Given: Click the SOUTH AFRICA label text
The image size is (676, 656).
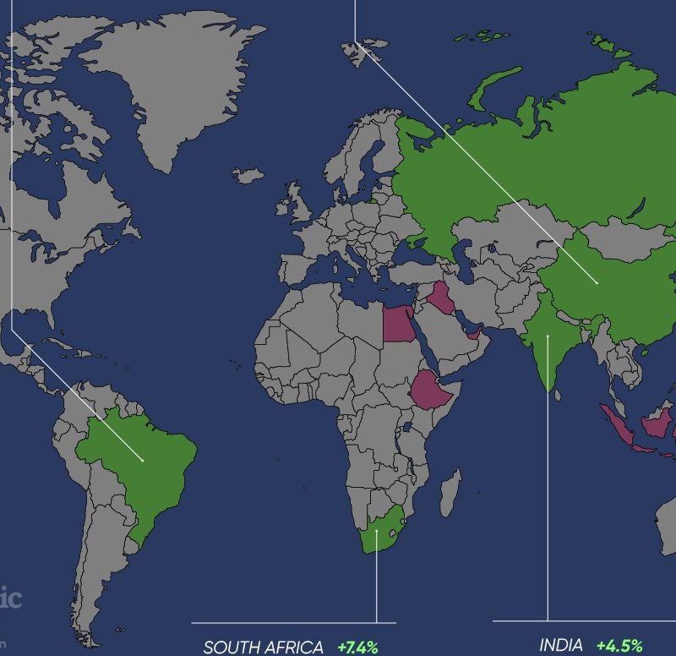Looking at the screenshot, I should (x=263, y=648).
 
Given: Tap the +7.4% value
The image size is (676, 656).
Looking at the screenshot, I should (x=357, y=648).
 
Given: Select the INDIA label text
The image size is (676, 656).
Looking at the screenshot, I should (x=561, y=645).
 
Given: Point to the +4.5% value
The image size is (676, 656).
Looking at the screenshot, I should (x=619, y=646).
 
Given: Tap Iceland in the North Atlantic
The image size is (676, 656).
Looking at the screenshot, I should (x=248, y=175).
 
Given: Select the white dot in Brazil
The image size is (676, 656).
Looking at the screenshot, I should (x=143, y=460).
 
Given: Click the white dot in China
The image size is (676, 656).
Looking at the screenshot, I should (x=597, y=282).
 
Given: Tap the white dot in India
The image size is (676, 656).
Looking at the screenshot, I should (x=548, y=336).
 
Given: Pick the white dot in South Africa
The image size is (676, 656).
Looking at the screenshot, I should (x=377, y=531).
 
